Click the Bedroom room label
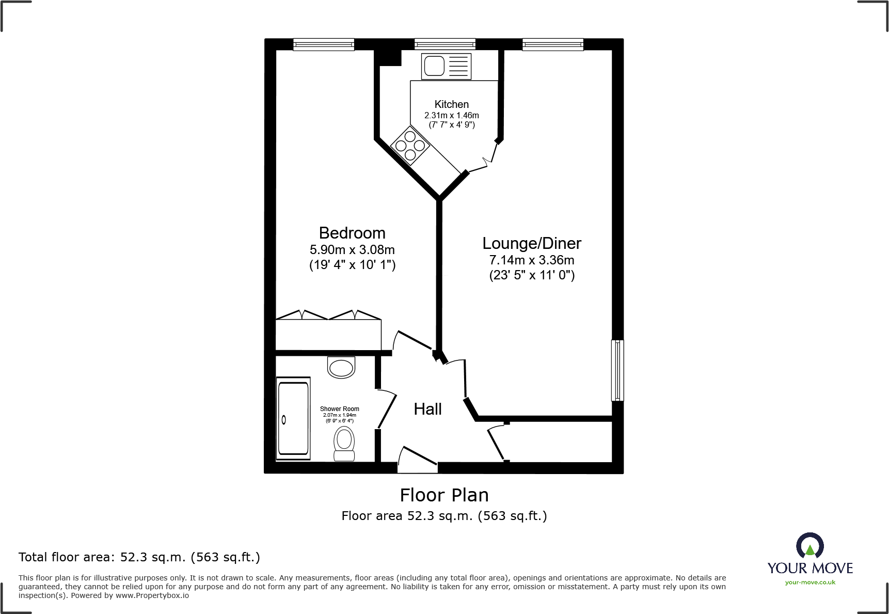(x=352, y=233)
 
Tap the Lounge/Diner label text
(x=532, y=243)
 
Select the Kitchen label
(x=451, y=104)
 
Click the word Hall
(x=427, y=409)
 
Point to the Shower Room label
(x=339, y=408)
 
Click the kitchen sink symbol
(x=446, y=66)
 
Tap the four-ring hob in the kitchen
(x=410, y=145)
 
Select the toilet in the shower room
(x=344, y=443)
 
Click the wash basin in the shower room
(x=341, y=367)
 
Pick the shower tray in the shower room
(x=293, y=418)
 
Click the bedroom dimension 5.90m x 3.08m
(x=352, y=250)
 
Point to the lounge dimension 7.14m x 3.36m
(x=532, y=260)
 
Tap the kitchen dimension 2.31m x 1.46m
(x=451, y=116)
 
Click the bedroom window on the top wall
(x=324, y=44)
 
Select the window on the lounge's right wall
(x=617, y=370)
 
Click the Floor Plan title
(x=444, y=495)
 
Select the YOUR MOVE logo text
(x=809, y=568)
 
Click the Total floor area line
(x=139, y=557)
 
